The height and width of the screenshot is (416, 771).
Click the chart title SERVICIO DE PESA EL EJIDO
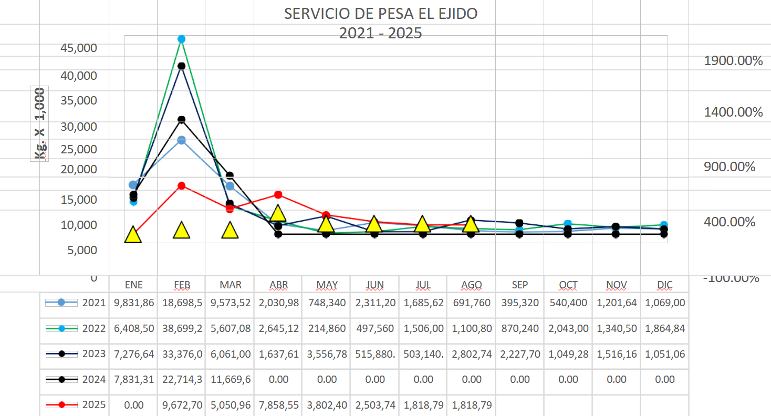pos(381,14)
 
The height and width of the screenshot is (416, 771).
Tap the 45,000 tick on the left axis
pos(79,48)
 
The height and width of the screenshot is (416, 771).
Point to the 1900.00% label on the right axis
pos(733,61)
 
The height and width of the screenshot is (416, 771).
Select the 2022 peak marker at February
pos(181,39)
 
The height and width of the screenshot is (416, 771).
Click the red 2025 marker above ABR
pos(278,195)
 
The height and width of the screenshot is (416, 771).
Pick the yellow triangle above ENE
pos(133,235)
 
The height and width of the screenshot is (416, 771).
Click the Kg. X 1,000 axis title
pos(40,123)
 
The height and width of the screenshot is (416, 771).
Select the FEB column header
pos(182,285)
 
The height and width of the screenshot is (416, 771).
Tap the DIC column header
pos(664,285)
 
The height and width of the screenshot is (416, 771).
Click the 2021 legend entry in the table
pos(76,303)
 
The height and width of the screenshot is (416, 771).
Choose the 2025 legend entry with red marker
pos(76,404)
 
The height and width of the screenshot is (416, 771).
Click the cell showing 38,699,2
pos(182,328)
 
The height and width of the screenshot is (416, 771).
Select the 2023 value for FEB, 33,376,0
pos(182,354)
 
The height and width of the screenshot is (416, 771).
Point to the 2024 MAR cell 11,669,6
pos(230,379)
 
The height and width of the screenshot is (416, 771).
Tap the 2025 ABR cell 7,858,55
pos(278,404)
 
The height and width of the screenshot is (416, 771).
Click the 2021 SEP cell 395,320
pos(520,303)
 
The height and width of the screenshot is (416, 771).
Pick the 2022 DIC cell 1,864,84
pos(664,328)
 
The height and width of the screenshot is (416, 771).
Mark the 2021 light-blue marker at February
pos(181,140)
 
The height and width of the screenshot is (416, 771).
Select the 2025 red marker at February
pos(181,186)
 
